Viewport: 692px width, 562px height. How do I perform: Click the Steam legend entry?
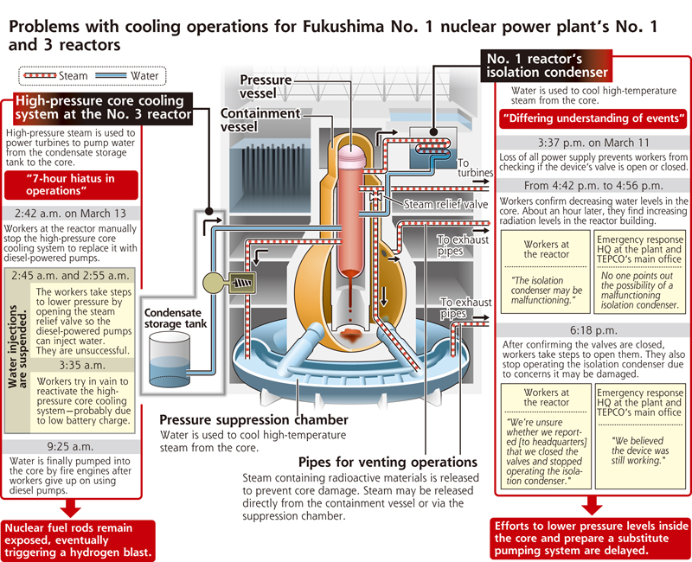pos(55,76)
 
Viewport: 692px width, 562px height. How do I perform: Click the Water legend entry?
pos(127,76)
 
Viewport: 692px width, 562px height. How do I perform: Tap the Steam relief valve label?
pos(445,204)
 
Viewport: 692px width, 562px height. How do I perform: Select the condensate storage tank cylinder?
pos(170,361)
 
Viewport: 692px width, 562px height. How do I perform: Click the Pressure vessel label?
pos(266,86)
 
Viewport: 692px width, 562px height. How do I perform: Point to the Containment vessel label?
pos(260,120)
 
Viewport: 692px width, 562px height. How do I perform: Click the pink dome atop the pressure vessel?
pos(352,156)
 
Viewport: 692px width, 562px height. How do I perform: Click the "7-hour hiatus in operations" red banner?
pos(71,185)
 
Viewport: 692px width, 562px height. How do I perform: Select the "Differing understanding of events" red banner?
pos(593,118)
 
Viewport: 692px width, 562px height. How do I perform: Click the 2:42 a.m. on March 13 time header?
pos(71,213)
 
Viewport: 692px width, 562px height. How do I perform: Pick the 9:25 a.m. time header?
pos(71,446)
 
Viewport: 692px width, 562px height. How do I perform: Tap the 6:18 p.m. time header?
pos(593,330)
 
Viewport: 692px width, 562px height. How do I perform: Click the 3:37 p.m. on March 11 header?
pos(593,143)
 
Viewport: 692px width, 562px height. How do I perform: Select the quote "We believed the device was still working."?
pos(640,450)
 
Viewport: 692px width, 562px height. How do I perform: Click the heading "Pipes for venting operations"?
pos(388,462)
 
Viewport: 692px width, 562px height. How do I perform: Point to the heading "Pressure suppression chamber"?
pos(253,419)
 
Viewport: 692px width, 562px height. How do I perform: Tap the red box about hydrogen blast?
pos(78,540)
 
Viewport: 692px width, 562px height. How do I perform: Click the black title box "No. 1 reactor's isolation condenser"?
pos(547,66)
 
